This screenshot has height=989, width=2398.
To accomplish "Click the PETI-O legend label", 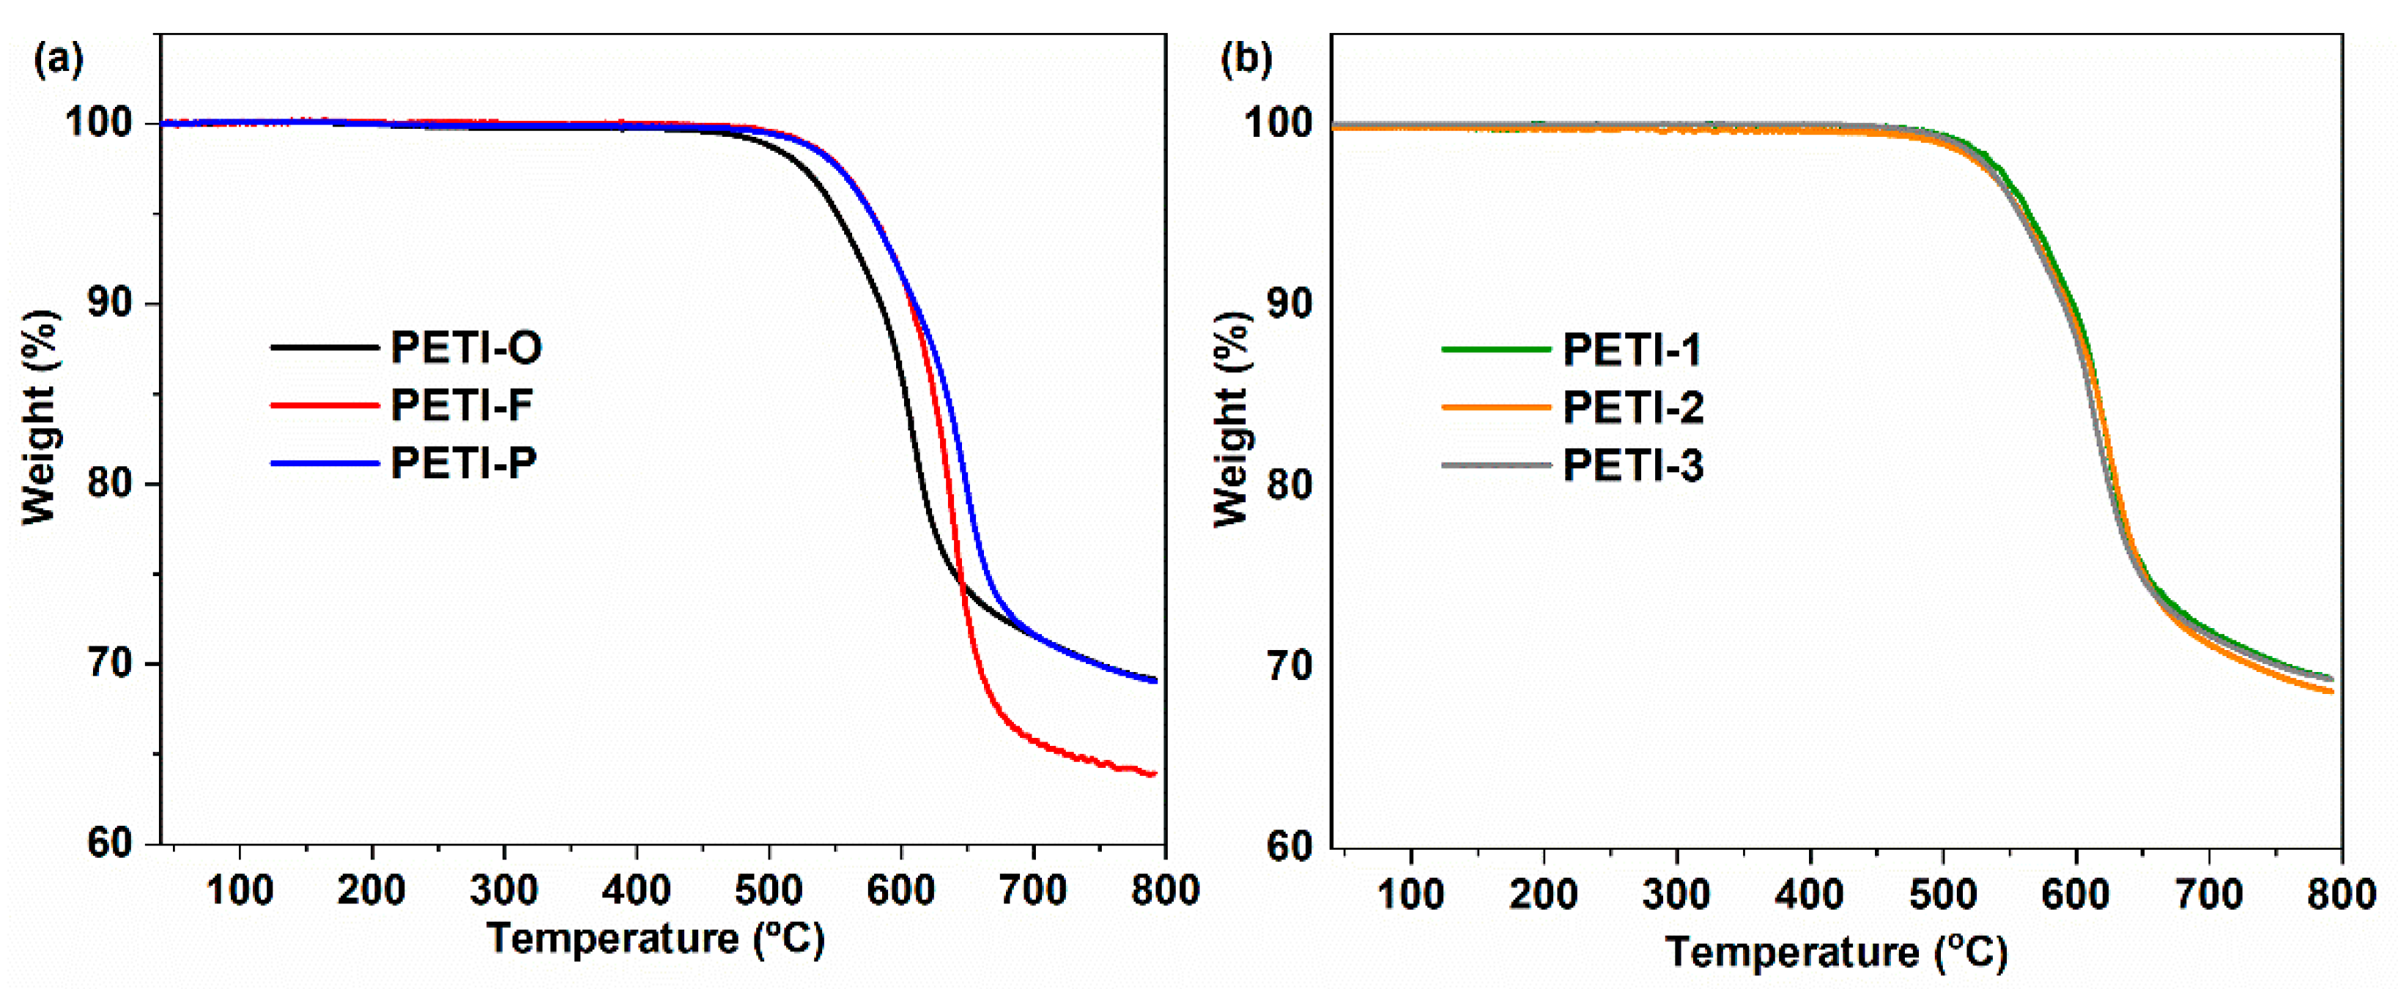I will pyautogui.click(x=465, y=348).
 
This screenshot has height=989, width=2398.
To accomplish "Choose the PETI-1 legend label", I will pyautogui.click(x=1632, y=351).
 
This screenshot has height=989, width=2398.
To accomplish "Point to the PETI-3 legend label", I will pyautogui.click(x=1634, y=465).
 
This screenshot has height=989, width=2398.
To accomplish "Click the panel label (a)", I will pyautogui.click(x=59, y=59).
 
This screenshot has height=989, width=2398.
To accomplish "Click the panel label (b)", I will pyautogui.click(x=1246, y=59).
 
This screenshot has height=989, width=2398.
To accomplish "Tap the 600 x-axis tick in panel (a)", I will pyautogui.click(x=900, y=890).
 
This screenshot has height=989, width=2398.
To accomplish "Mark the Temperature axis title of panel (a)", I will pyautogui.click(x=655, y=938).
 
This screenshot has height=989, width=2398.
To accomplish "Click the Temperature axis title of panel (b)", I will pyautogui.click(x=1836, y=951).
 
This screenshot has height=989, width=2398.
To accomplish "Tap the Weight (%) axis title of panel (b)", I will pyautogui.click(x=1231, y=419).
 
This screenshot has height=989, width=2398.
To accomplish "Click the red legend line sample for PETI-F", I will pyautogui.click(x=324, y=406).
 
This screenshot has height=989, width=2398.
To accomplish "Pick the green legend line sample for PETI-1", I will pyautogui.click(x=1495, y=351).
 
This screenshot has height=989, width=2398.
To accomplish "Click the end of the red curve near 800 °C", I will pyautogui.click(x=1152, y=773).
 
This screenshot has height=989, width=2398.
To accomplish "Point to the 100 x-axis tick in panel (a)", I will pyautogui.click(x=240, y=890).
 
